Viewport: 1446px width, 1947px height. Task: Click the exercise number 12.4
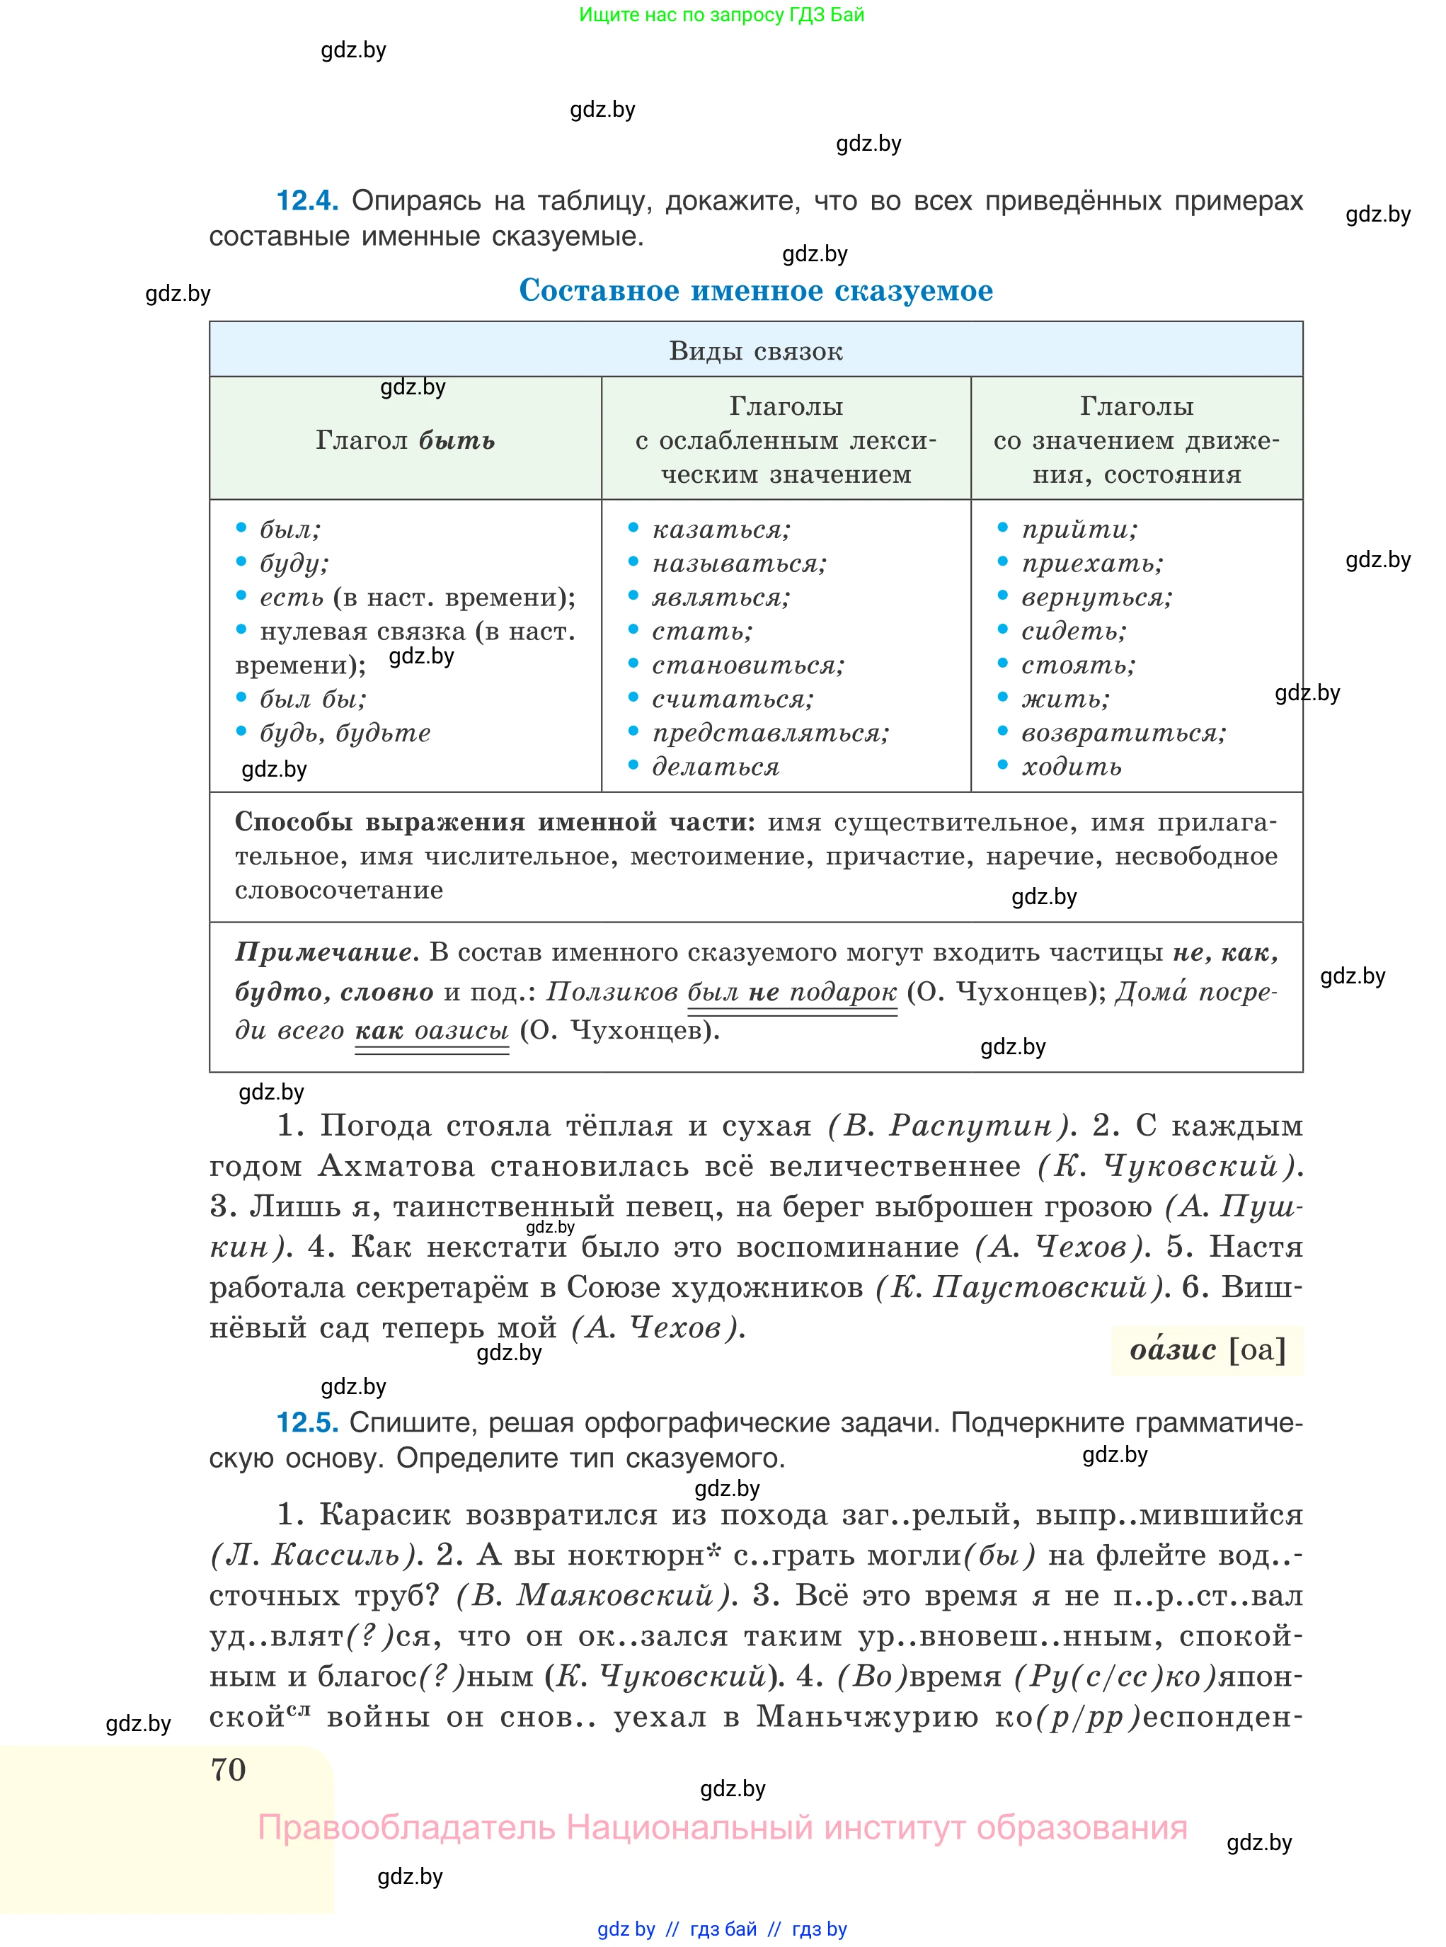[306, 201]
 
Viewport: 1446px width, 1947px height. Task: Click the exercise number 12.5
[306, 1422]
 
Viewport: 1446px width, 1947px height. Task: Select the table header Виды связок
[755, 351]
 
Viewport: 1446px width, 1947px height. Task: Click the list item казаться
[721, 530]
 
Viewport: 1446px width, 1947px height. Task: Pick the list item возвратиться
[1123, 733]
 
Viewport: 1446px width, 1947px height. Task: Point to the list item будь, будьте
[345, 733]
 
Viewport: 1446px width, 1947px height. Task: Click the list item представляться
[770, 733]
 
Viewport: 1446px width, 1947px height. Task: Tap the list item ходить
[1072, 767]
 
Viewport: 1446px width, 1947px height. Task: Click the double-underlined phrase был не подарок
[791, 992]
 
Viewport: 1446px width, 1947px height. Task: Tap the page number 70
[229, 1769]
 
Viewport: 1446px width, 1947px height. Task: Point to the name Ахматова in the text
[396, 1166]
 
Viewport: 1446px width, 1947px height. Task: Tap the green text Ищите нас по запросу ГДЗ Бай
[721, 15]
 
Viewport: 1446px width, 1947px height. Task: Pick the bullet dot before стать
[633, 629]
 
